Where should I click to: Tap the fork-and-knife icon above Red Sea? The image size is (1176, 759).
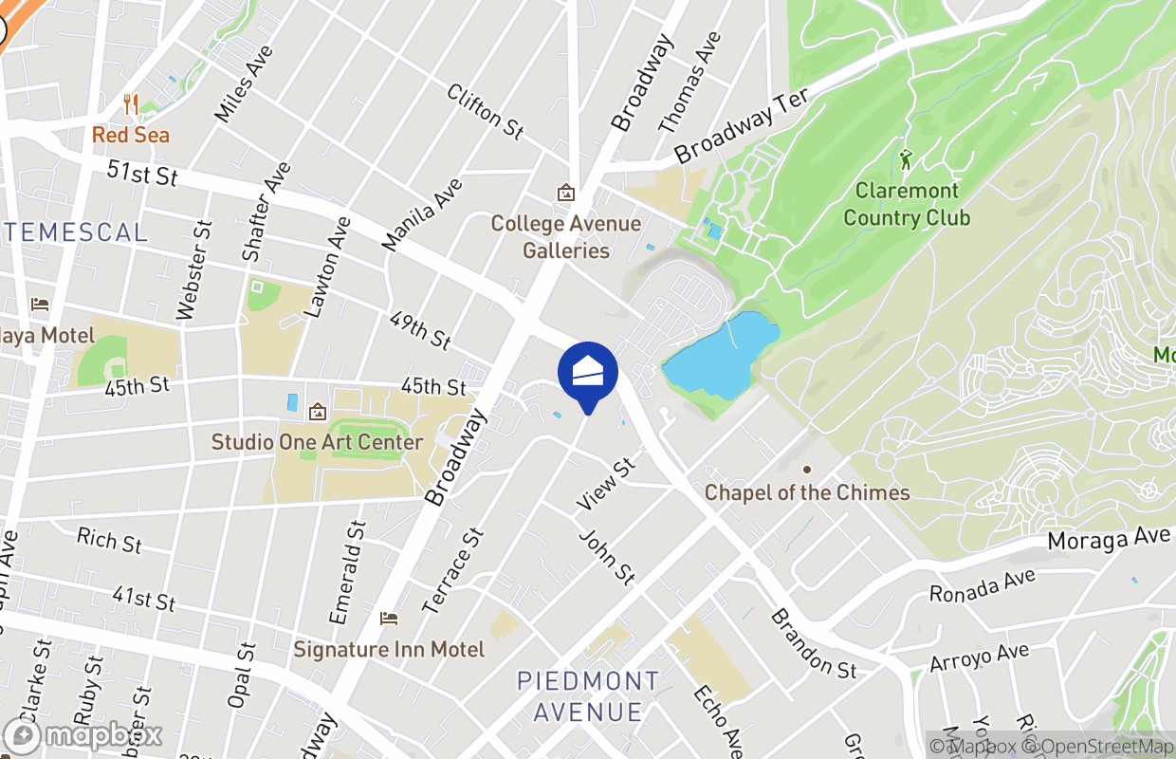tap(131, 104)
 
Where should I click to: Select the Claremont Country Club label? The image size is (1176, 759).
tap(907, 204)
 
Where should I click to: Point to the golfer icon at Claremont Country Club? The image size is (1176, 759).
tap(906, 159)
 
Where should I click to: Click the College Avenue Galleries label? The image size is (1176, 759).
tap(565, 237)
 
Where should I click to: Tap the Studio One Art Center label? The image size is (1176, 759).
tap(317, 442)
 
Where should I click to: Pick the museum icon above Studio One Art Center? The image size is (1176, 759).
tap(317, 412)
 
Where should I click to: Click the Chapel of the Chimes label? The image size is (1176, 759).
tap(807, 492)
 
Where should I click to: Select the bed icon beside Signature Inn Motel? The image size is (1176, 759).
tap(389, 619)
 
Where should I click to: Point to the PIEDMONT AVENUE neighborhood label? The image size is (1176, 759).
tap(588, 695)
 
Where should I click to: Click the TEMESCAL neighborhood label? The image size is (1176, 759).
tap(76, 231)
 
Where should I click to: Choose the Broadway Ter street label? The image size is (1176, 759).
tap(741, 124)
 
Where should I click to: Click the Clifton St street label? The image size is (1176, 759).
tap(485, 112)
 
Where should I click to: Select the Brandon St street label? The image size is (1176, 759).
tap(813, 642)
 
